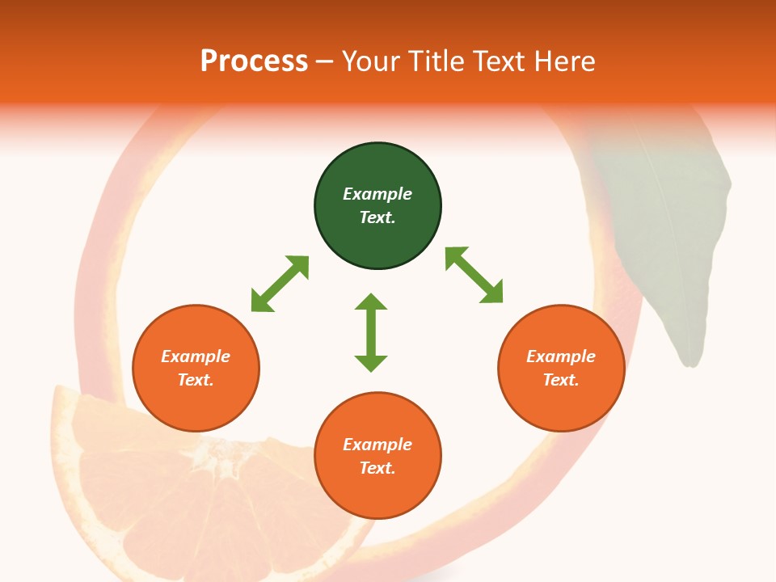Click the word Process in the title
click(x=254, y=61)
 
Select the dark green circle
click(x=377, y=206)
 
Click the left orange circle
click(x=196, y=368)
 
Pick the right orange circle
click(x=561, y=368)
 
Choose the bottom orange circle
click(x=377, y=455)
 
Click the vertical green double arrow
click(x=371, y=332)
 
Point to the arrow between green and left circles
click(x=280, y=284)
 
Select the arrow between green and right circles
click(x=474, y=276)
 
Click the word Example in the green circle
click(x=377, y=194)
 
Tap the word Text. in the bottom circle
click(x=377, y=468)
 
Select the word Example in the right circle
click(x=561, y=356)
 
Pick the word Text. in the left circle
click(x=196, y=380)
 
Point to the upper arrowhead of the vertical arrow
click(x=371, y=302)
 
